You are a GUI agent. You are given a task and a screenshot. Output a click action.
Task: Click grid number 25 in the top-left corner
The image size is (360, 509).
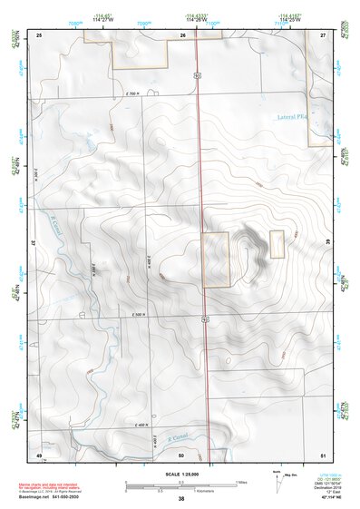[40, 34]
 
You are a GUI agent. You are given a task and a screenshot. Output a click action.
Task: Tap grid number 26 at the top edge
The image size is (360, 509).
[183, 34]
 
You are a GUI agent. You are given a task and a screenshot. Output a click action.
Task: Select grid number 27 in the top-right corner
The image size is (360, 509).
[323, 34]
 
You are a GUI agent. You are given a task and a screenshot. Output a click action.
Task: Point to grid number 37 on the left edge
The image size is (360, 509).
[33, 243]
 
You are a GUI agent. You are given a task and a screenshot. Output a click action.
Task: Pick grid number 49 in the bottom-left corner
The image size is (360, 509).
[39, 454]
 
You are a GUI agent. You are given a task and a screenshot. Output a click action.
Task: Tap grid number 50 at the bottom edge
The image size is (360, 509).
[181, 454]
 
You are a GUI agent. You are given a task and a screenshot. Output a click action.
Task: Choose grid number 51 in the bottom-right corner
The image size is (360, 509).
[323, 454]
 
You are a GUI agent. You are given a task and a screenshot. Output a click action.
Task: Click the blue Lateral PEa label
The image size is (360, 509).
[291, 117]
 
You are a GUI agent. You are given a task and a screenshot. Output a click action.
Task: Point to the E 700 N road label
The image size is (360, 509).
[131, 93]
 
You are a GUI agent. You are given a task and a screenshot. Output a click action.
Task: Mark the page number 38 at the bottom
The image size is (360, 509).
[181, 499]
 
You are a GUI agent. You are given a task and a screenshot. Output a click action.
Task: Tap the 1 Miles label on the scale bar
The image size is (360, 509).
[242, 481]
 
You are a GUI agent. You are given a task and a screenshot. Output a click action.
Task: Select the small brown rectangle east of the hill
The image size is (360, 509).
[277, 242]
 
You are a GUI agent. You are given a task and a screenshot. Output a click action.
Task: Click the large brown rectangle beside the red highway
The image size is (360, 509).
[215, 259]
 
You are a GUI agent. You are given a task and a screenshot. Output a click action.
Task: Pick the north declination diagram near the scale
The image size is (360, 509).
[277, 478]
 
